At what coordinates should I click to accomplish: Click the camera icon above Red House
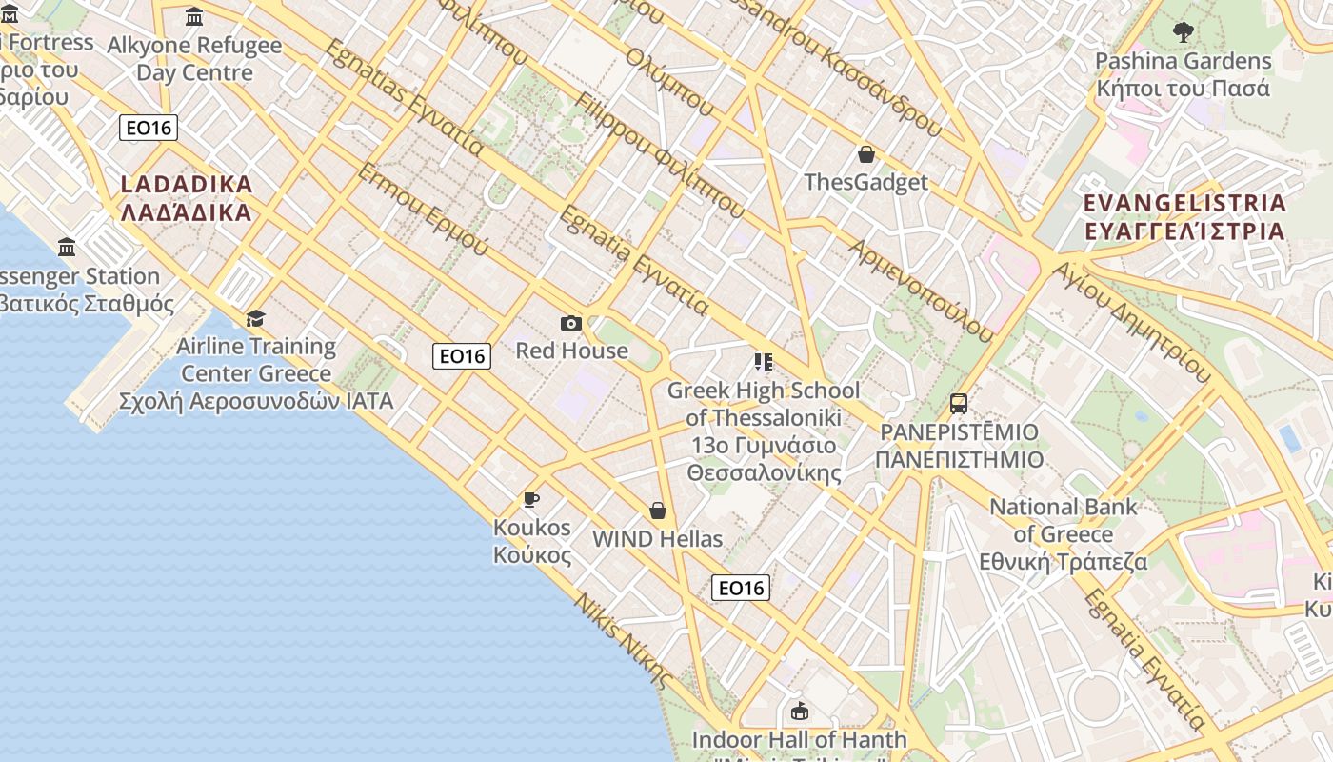coord(571,324)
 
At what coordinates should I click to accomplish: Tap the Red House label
coord(571,351)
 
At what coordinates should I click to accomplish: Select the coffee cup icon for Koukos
coord(531,499)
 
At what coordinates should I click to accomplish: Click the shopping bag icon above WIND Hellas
coord(657,511)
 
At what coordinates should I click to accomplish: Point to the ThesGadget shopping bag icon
coord(866,154)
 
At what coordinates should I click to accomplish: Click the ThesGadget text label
coord(866,182)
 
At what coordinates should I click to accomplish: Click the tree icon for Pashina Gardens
coord(1183,33)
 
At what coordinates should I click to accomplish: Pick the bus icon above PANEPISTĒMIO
coord(959,404)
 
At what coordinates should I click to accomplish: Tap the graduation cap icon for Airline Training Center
coord(255,318)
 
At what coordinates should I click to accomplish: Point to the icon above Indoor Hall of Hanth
coord(800,712)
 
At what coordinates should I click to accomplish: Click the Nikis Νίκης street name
coord(624,641)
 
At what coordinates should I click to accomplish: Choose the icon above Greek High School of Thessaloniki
coord(763,362)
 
